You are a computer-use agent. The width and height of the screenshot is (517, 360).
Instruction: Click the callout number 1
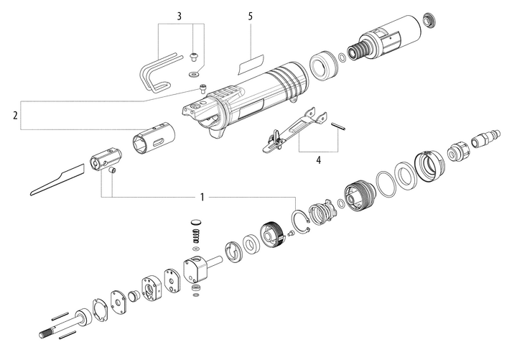[x=202, y=196]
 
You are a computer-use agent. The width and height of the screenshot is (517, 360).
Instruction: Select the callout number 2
[x=14, y=115]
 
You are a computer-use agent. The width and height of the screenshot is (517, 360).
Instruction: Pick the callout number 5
[x=251, y=15]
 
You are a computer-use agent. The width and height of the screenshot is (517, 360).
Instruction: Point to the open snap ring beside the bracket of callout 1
[x=301, y=220]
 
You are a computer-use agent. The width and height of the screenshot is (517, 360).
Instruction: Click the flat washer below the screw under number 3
[x=192, y=73]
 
